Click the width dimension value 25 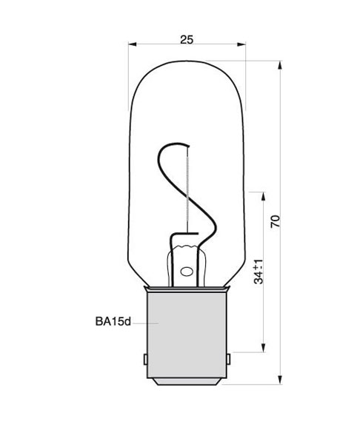(x=186, y=39)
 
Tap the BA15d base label (x=113, y=322)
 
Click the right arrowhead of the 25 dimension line (x=241, y=46)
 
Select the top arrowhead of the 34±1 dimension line (x=264, y=195)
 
